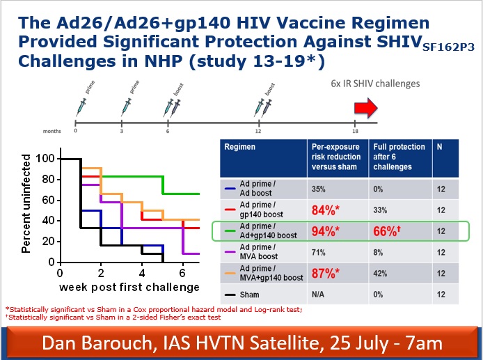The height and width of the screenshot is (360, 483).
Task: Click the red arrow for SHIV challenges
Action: [x=365, y=108]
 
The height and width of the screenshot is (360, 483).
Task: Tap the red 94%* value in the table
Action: [x=325, y=231]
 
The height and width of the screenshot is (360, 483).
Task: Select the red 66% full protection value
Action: [x=387, y=231]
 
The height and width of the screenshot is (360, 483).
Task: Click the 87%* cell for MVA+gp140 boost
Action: [x=325, y=274]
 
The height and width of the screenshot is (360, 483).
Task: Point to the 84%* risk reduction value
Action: [x=325, y=210]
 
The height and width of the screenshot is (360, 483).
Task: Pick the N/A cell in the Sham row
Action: [x=317, y=295]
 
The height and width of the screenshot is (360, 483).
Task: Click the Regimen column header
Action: [x=239, y=147]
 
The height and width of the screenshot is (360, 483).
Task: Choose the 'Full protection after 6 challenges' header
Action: [x=399, y=157]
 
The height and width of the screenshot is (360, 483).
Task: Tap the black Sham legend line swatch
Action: [x=230, y=295]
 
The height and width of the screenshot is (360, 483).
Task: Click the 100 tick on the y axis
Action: [x=45, y=159]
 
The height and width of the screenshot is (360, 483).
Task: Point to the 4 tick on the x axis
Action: [x=142, y=273]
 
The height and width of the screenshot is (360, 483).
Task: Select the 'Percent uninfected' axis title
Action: [x=26, y=204]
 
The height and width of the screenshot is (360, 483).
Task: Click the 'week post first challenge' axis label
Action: [x=129, y=287]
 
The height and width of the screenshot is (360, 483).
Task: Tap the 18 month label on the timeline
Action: [x=355, y=132]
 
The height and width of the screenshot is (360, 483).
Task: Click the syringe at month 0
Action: [x=81, y=107]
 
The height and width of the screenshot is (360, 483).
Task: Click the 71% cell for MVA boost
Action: [x=318, y=253]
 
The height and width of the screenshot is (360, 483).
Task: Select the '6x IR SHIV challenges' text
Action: [x=375, y=84]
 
